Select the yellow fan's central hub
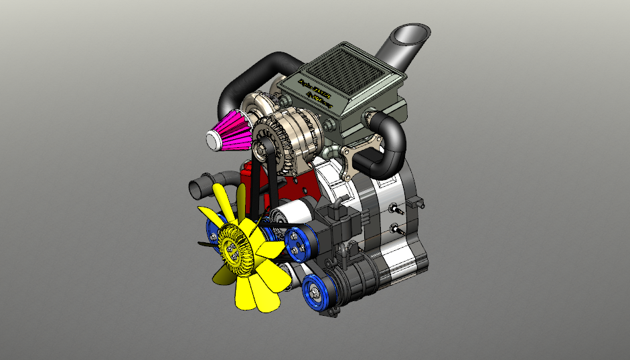point(234,249)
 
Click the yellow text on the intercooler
point(315,91)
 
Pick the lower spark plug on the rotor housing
point(398,229)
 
